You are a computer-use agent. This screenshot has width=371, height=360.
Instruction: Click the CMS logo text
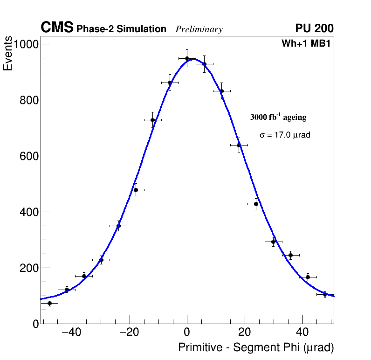pyautogui.click(x=57, y=28)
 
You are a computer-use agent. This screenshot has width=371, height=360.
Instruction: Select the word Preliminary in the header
pyautogui.click(x=199, y=29)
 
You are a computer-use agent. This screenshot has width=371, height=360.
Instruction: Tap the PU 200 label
pyautogui.click(x=314, y=28)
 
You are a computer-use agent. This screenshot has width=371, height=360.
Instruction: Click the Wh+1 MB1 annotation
pyautogui.click(x=306, y=44)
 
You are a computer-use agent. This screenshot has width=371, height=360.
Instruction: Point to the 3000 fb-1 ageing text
pyautogui.click(x=278, y=117)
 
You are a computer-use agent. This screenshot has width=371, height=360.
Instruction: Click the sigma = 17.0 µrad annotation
pyautogui.click(x=285, y=135)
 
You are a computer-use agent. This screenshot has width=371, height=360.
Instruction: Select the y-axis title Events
pyautogui.click(x=8, y=55)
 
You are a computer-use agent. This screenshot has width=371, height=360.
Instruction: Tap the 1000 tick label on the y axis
pyautogui.click(x=27, y=44)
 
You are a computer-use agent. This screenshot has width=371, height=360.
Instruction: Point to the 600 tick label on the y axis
pyautogui.click(x=29, y=156)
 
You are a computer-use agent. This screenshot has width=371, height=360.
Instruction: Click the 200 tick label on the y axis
pyautogui.click(x=29, y=268)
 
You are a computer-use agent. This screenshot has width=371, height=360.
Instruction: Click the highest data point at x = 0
pyautogui.click(x=187, y=58)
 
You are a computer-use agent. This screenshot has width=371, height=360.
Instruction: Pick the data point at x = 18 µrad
pyautogui.click(x=239, y=145)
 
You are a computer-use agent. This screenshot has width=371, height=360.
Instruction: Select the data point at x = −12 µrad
pyautogui.click(x=152, y=120)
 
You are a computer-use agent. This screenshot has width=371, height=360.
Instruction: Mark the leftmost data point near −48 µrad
pyautogui.click(x=49, y=303)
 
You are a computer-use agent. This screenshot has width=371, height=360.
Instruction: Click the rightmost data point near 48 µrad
pyautogui.click(x=325, y=294)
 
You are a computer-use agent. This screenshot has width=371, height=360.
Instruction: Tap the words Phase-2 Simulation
pyautogui.click(x=121, y=29)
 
